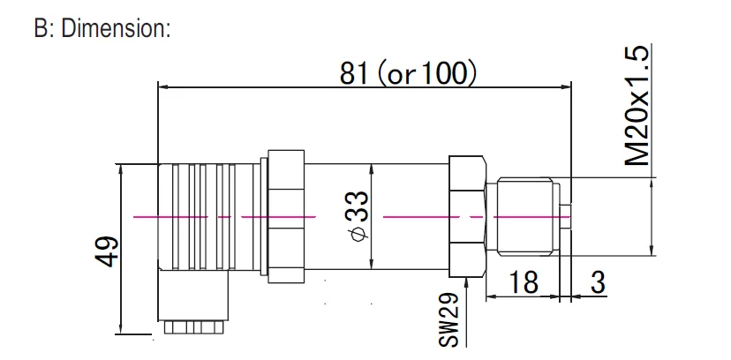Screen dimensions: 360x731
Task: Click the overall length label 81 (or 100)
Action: (409, 73)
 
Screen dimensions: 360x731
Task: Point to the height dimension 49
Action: (106, 250)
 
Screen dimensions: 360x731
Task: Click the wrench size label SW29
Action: (449, 319)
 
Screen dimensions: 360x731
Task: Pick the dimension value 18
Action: (524, 283)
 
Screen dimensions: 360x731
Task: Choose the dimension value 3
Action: (597, 283)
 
